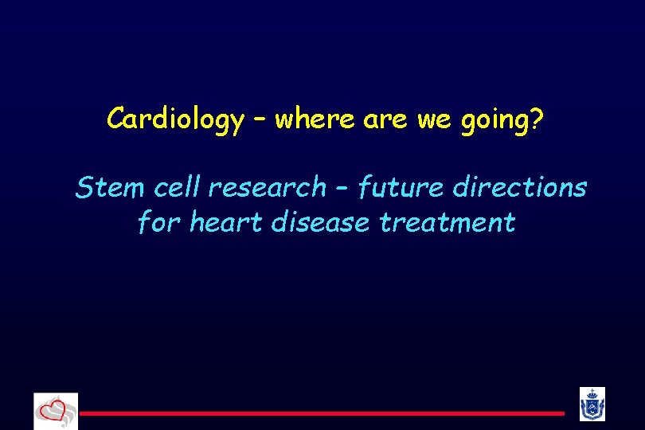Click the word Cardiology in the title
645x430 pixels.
176,119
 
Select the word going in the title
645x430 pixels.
494,121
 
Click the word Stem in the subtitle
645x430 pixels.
110,187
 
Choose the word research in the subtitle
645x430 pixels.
268,187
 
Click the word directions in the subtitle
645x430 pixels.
519,187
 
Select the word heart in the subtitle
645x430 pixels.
226,222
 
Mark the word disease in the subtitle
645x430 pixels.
320,222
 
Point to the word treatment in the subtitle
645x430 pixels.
448,222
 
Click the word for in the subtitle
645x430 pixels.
159,222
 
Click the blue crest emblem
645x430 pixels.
592,404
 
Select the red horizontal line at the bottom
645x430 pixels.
322,413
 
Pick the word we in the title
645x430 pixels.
435,119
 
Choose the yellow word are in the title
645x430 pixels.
385,119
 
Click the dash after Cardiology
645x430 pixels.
260,119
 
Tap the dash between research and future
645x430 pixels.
342,188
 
